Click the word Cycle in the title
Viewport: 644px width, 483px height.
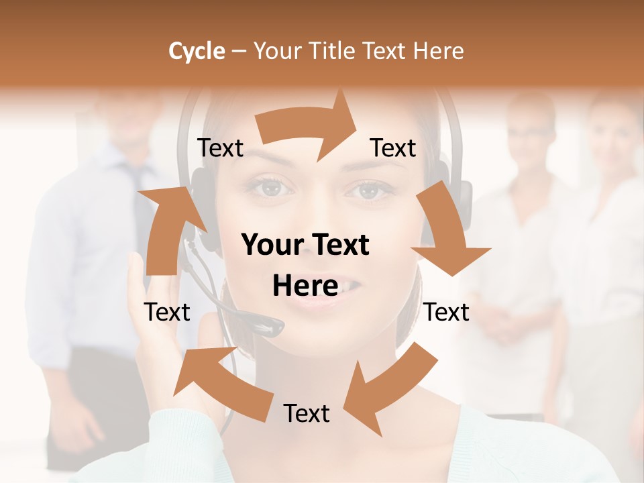click(x=197, y=51)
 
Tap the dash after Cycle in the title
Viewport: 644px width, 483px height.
click(x=239, y=52)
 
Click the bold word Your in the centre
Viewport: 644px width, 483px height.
click(x=271, y=246)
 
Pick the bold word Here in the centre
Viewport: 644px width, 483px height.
click(x=305, y=286)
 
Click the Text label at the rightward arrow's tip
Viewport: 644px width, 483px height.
click(x=393, y=148)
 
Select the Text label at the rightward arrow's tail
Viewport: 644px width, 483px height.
click(x=221, y=148)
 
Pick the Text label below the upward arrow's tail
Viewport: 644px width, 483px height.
click(x=167, y=312)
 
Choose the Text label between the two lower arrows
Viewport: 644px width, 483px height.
click(x=307, y=413)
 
